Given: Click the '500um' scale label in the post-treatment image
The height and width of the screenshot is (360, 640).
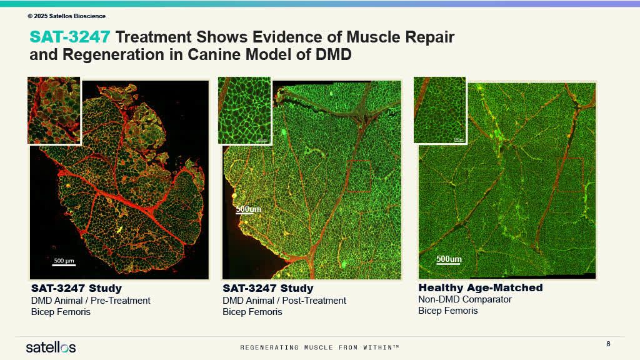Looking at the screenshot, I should pos(248,209).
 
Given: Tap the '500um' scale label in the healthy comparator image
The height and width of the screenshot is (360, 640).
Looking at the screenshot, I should pos(449,259).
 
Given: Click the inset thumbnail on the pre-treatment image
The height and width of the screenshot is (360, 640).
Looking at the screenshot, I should pos(54,110).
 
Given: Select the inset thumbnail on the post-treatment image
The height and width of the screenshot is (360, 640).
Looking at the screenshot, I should pos(244,110).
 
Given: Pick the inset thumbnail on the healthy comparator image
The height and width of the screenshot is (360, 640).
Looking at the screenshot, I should pos(440,110).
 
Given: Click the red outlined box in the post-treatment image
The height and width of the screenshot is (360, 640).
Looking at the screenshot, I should pos(358,177).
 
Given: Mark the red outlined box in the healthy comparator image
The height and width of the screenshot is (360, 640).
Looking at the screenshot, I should pos(569,174).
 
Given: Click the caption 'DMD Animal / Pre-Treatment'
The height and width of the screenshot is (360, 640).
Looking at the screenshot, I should pos(91,301).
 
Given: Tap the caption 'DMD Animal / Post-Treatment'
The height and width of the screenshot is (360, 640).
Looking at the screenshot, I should pos(284,301).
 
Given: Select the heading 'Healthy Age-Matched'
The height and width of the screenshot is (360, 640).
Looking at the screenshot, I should pos(480,288).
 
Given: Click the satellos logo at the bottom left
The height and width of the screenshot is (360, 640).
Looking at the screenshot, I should pos(51,347).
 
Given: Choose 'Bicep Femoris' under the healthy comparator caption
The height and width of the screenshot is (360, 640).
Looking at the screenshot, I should pos(448,311).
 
